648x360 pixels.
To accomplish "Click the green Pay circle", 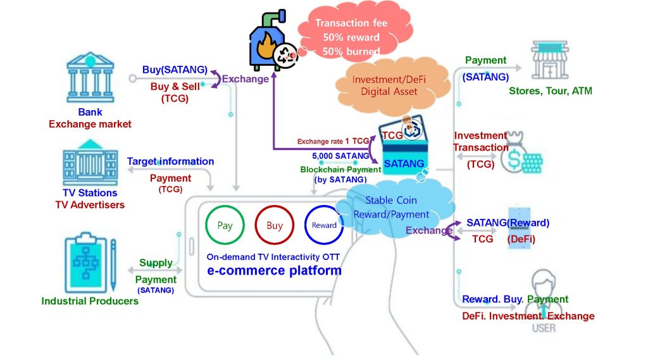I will [225, 225].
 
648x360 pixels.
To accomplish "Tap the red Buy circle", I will [275, 225].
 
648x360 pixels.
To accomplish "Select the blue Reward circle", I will [324, 225].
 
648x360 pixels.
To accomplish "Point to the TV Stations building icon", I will [89, 165].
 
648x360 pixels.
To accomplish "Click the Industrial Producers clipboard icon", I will [90, 259].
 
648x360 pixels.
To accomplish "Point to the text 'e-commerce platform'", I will [275, 271].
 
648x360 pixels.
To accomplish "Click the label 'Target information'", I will [170, 161].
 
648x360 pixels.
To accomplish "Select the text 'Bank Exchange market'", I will [90, 118].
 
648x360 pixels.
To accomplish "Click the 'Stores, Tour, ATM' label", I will [551, 91].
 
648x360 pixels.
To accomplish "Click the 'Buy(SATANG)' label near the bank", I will [175, 70].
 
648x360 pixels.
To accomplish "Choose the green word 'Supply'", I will [156, 263].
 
